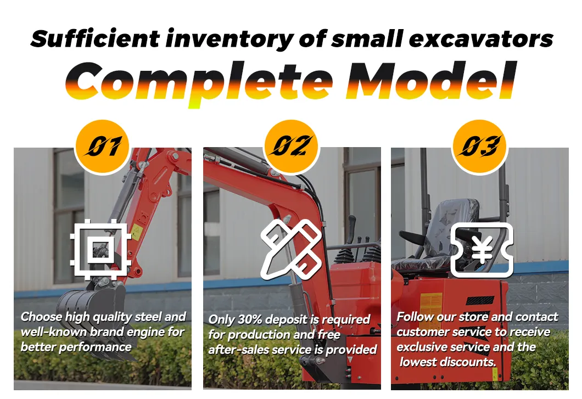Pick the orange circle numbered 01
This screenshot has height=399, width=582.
tap(102, 147)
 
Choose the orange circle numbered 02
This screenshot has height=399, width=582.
tap(291, 147)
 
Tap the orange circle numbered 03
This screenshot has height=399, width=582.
tap(479, 147)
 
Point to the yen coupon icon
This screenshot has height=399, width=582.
tap(482, 250)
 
